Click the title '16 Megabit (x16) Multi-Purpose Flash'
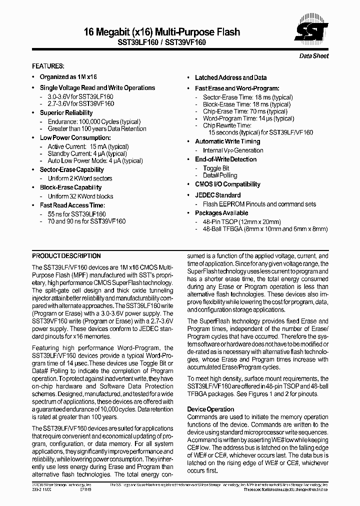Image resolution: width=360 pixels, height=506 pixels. (162, 32)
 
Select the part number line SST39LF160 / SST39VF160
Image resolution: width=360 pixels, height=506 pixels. (162, 42)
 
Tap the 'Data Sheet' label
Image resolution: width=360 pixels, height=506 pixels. (313, 56)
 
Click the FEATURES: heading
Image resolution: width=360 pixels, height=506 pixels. (48, 66)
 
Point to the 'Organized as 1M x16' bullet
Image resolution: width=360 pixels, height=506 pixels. (68, 77)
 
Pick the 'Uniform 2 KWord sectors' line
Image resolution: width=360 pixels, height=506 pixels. (80, 178)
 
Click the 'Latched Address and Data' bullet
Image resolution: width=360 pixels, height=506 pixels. (230, 77)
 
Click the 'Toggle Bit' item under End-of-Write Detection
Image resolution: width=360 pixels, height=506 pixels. (216, 168)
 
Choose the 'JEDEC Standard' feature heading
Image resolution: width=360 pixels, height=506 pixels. (217, 195)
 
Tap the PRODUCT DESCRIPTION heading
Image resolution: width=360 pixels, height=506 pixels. (66, 255)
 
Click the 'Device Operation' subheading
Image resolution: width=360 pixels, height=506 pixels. (210, 409)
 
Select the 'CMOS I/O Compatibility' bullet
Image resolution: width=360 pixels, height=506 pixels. (227, 184)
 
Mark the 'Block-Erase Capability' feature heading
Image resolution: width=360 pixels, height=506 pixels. (70, 187)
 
